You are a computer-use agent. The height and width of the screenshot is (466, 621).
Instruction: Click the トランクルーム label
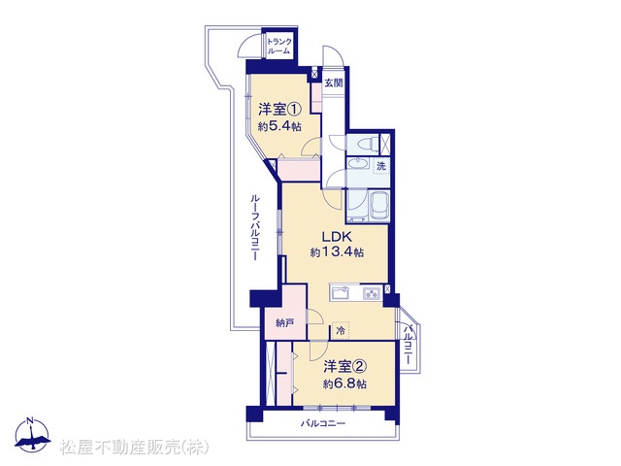click(x=278, y=47)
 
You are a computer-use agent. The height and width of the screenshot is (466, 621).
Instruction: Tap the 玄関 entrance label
click(x=334, y=83)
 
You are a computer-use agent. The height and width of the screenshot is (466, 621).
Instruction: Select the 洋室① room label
click(x=280, y=109)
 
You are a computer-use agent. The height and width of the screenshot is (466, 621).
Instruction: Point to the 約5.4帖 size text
click(x=279, y=126)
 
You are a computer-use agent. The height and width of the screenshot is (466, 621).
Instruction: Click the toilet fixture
click(x=364, y=144)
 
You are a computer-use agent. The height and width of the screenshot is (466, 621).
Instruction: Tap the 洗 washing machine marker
click(x=381, y=166)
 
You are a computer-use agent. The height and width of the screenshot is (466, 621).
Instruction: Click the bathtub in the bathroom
click(x=379, y=206)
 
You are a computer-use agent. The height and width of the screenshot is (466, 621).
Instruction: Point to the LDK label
click(x=337, y=237)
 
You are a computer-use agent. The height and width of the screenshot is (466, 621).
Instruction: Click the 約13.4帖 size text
click(x=337, y=252)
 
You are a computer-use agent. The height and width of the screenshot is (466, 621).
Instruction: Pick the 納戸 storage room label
click(x=285, y=323)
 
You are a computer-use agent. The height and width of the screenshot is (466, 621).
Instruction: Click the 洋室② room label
click(x=344, y=367)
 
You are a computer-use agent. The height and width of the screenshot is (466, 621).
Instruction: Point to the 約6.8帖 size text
click(x=344, y=384)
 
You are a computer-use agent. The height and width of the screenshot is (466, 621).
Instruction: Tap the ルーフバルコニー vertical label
click(x=255, y=227)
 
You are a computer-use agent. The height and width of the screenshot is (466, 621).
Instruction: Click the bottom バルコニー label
click(x=323, y=423)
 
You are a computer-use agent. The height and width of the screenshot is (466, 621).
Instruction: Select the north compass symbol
click(x=32, y=435)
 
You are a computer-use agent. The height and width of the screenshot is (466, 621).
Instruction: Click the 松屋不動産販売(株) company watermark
click(x=134, y=447)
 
